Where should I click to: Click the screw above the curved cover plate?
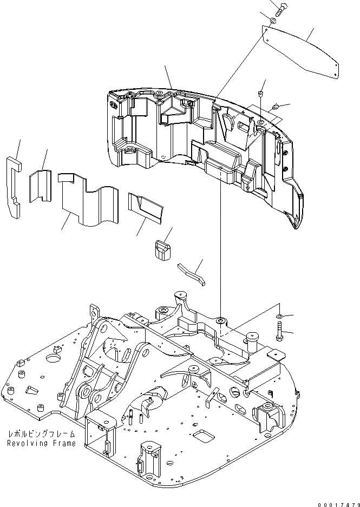click(279, 9)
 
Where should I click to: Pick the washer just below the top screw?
click(273, 20)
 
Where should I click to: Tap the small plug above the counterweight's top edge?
click(260, 94)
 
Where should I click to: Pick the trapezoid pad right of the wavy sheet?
click(146, 207)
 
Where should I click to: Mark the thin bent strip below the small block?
click(192, 272)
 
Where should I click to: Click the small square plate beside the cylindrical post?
click(278, 355)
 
